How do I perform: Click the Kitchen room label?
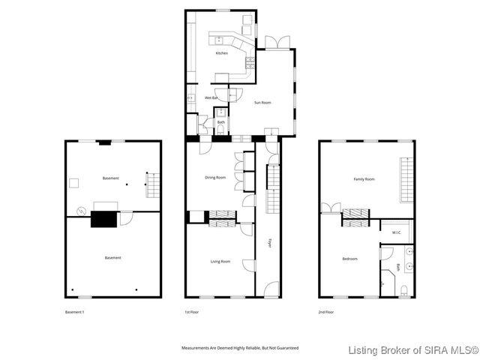coord(221,53)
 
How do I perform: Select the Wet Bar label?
coord(211,98)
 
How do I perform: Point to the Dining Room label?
coord(215,178)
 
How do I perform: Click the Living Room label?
coord(220,261)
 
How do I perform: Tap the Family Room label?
coord(364,179)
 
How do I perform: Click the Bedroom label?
coord(349,259)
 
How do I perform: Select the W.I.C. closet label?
coord(397,232)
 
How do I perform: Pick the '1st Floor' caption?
coord(192,311)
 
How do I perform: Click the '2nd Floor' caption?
coord(325,311)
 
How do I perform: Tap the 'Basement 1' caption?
coord(75,311)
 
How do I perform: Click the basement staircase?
coord(152,184)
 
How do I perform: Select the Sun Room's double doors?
coord(276,43)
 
